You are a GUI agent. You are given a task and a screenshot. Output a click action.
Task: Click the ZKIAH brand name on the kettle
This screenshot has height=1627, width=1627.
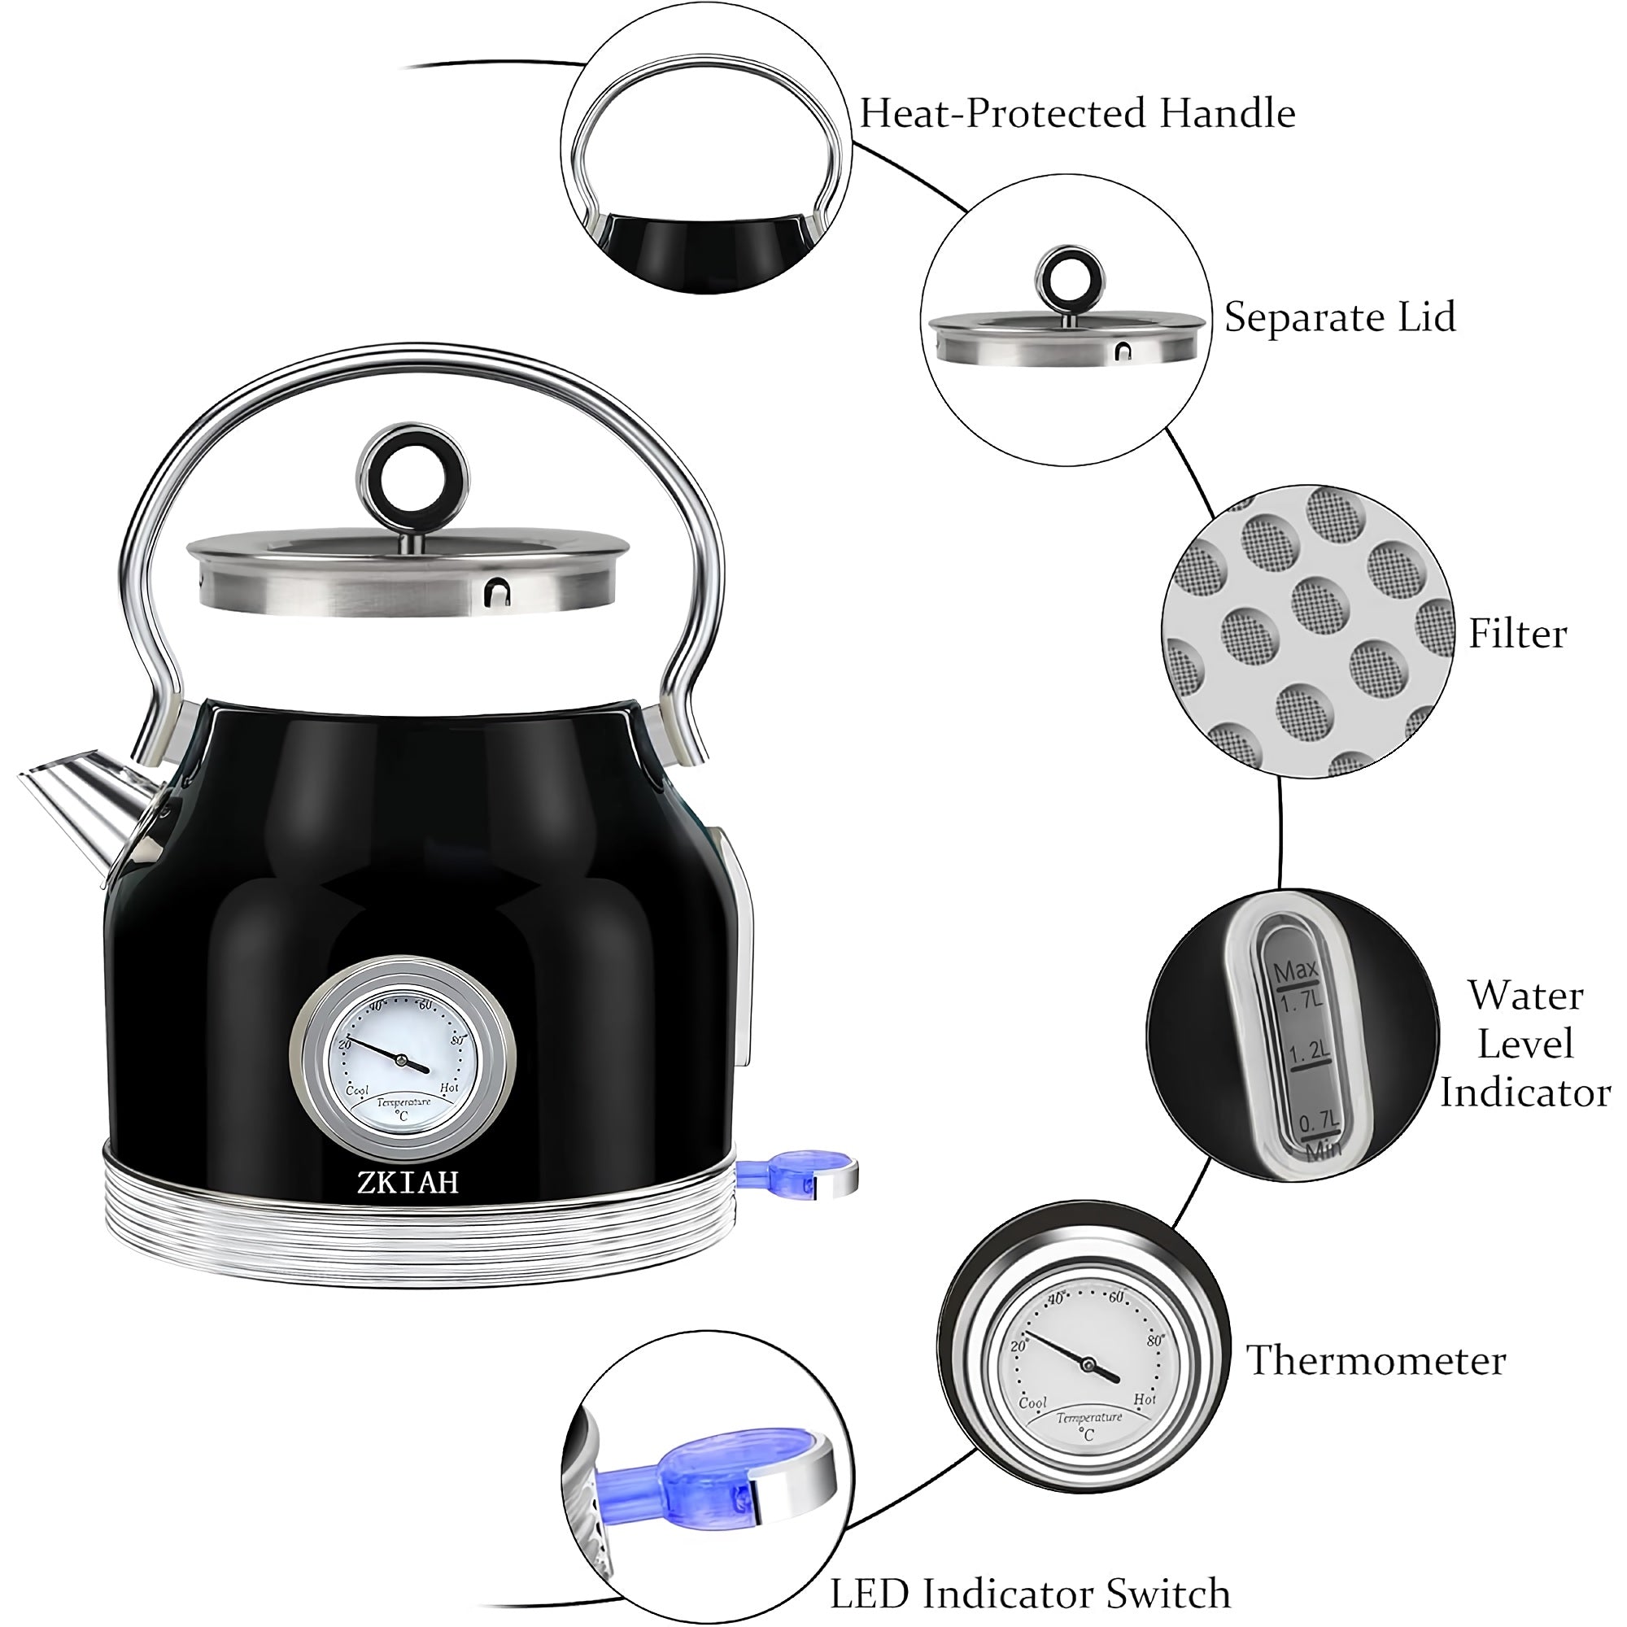(x=408, y=1181)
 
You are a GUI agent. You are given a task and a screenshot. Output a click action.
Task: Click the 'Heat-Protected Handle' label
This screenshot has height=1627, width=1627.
(x=1077, y=113)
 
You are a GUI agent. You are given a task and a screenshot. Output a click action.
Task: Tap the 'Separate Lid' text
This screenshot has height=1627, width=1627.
(x=1340, y=316)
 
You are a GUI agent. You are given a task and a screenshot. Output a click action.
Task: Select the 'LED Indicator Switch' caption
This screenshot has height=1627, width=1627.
(x=1031, y=1571)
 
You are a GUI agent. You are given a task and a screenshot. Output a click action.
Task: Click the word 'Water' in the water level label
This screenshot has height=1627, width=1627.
(x=1526, y=996)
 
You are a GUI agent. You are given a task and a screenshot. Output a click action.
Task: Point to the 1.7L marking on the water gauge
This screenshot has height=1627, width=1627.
(x=1301, y=1002)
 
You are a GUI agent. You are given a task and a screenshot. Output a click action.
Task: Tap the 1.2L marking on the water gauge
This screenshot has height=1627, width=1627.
(x=1310, y=1052)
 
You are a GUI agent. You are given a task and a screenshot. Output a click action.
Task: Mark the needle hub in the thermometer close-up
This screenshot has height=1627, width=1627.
(x=1087, y=1363)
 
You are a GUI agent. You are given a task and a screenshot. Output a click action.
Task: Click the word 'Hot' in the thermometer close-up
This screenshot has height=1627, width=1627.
(x=1145, y=1398)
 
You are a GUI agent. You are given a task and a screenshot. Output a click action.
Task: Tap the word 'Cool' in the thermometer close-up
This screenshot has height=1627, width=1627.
(x=1033, y=1402)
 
